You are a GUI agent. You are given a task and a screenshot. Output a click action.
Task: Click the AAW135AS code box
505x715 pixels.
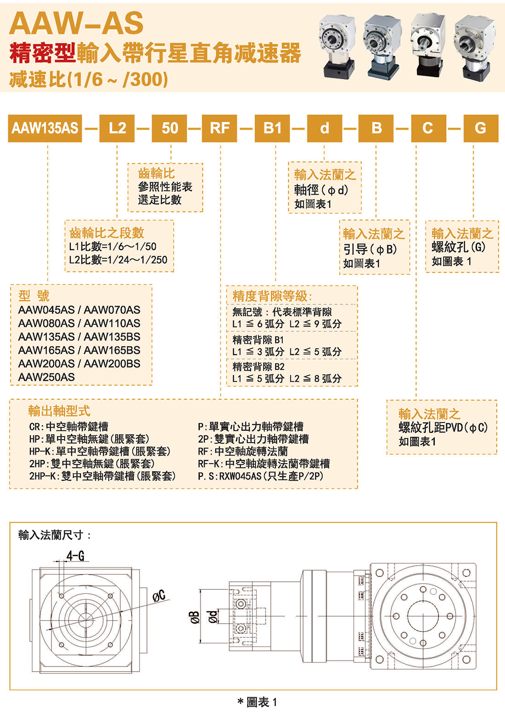pos(45,128)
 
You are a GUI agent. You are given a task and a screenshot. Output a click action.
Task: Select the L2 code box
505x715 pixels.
pos(117,128)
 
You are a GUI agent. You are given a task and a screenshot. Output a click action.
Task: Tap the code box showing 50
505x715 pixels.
pos(170,128)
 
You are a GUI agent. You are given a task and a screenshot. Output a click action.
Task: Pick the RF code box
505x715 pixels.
pos(220,128)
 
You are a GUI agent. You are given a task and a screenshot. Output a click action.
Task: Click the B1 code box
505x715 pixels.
pos(272,128)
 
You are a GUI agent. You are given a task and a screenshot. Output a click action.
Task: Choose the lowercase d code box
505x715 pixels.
pos(324,128)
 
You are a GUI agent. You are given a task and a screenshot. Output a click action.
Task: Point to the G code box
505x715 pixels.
pos(480,128)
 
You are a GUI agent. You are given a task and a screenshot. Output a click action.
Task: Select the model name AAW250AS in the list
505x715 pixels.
pos(46,377)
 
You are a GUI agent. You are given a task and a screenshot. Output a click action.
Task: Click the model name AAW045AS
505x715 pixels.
pos(46,310)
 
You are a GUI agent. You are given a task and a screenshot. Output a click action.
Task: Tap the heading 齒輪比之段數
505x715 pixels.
pos(107,233)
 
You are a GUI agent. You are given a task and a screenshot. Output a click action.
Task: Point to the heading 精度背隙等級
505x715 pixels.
pos(272,296)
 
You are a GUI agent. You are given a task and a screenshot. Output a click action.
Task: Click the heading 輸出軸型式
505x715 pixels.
pos(60,411)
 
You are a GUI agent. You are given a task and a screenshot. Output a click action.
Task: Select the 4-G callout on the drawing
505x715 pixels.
pos(75,556)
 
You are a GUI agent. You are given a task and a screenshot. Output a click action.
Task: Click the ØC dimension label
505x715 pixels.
pos(159,596)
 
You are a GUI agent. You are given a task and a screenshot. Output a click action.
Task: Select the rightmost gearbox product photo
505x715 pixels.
pos(474,46)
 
